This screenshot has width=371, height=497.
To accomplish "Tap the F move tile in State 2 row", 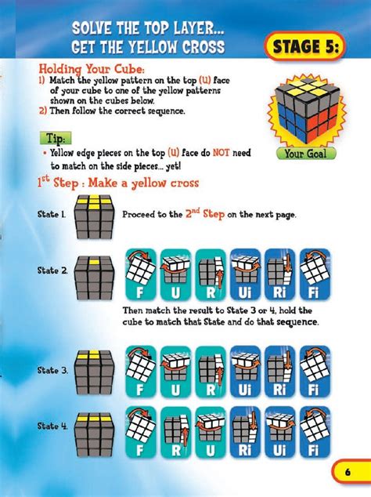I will point(141,276).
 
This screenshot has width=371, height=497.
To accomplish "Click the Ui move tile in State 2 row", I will point(246,276).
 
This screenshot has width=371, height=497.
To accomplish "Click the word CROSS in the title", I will point(196,47).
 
